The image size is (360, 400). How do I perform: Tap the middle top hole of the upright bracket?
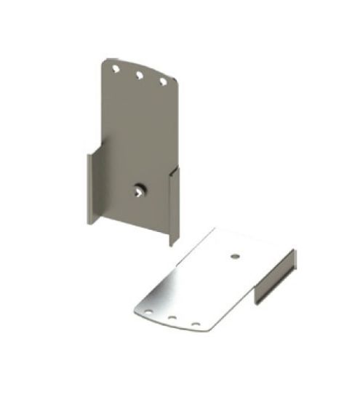click(139, 74)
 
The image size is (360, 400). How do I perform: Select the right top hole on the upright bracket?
click(163, 81)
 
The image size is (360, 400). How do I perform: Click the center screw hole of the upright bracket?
click(138, 191)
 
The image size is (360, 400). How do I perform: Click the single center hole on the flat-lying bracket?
click(234, 255)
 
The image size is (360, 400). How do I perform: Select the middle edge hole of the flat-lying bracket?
click(173, 319)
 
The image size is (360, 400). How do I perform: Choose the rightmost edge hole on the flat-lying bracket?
click(196, 324)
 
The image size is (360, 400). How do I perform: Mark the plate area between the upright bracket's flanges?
click(135, 145)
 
